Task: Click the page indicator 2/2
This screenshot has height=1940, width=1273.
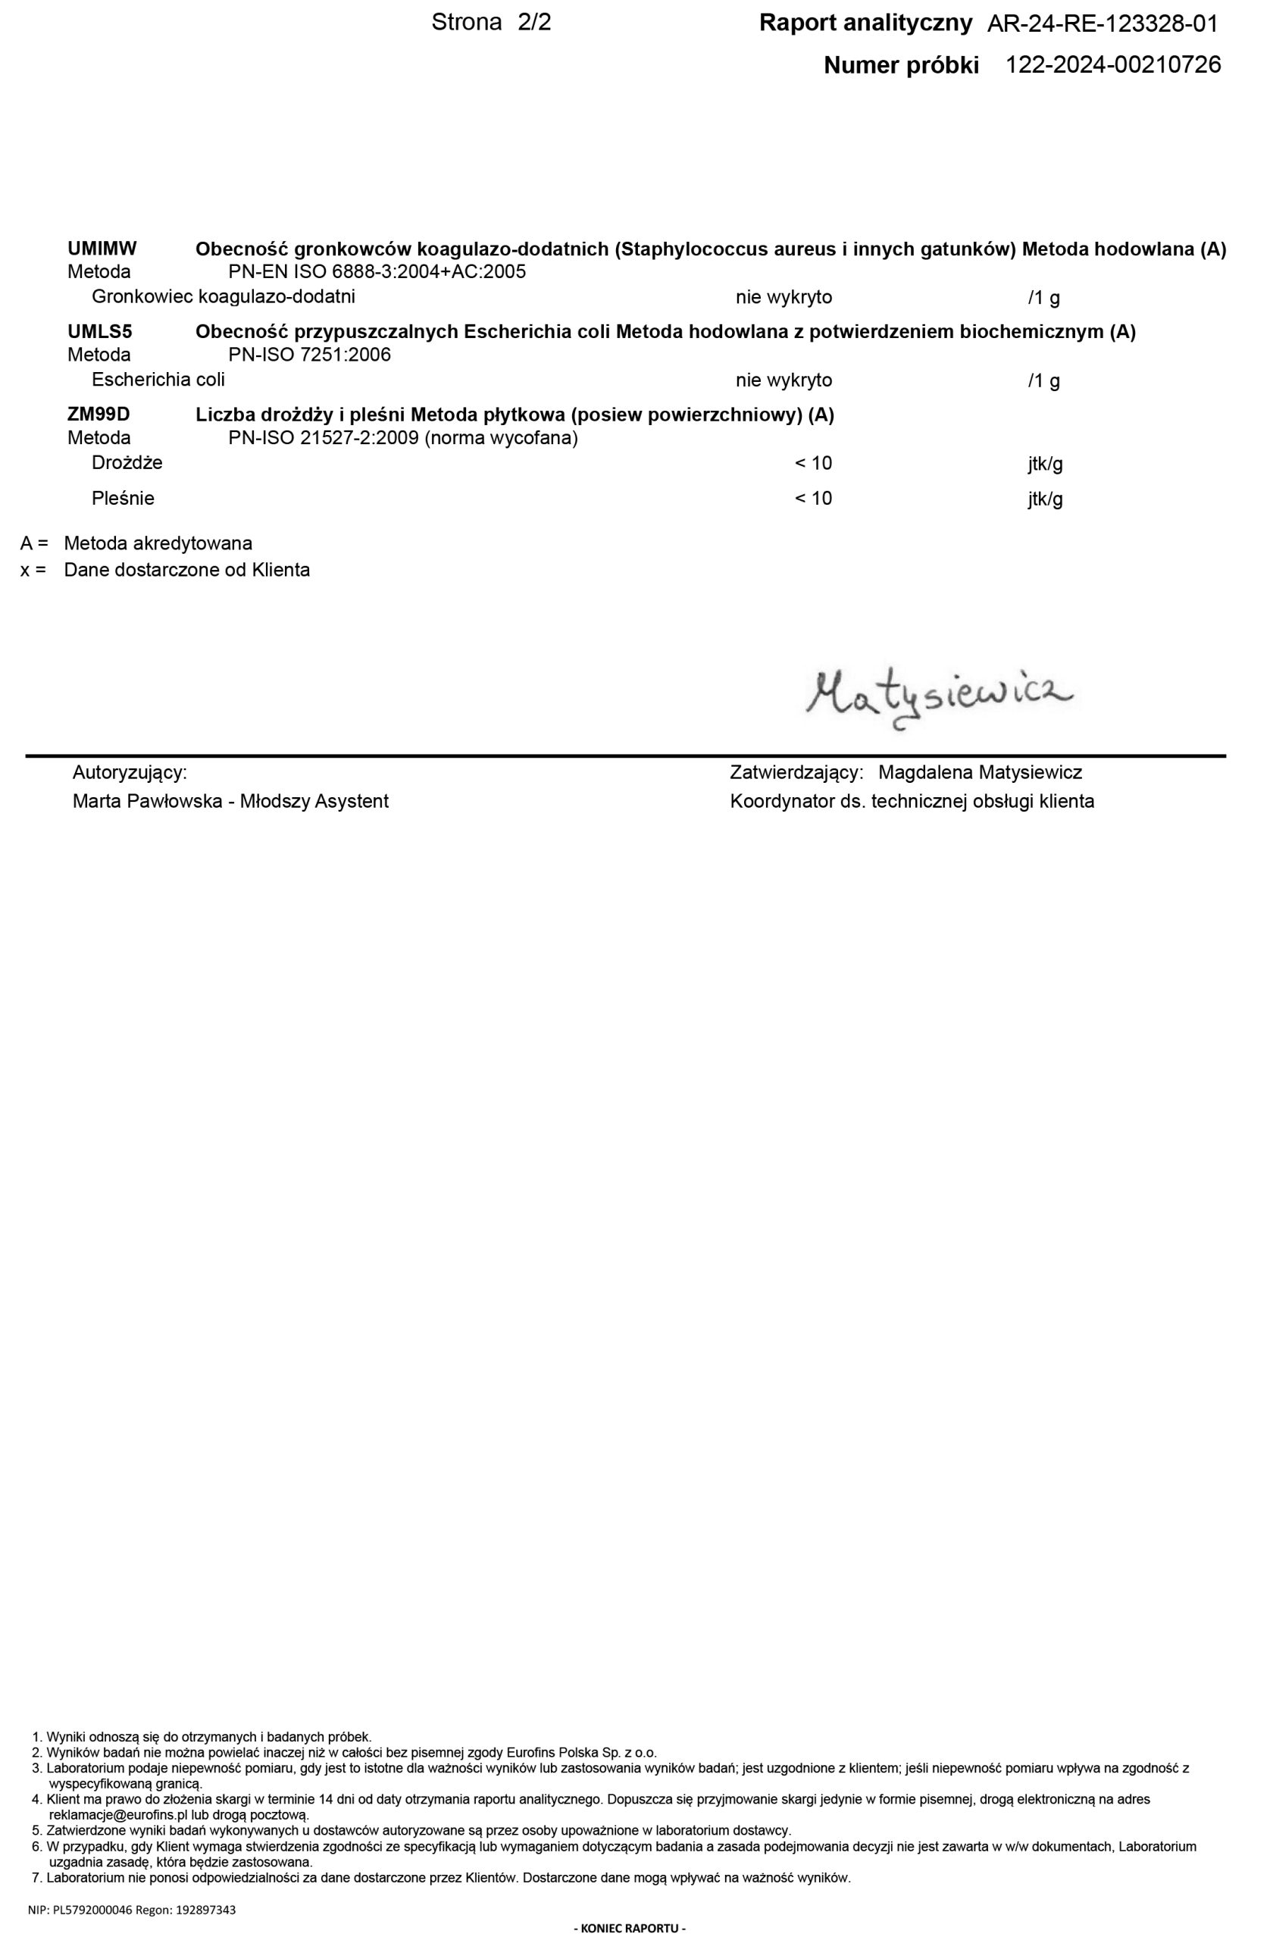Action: (535, 23)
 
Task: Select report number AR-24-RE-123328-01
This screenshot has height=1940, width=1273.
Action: (1103, 24)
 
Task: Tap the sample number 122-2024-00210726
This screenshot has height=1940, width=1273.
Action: (1113, 65)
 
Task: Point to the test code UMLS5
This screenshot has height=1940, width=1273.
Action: (99, 332)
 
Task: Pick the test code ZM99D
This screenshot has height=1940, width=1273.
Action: (99, 415)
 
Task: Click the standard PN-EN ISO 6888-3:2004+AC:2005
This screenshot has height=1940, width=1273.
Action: (377, 271)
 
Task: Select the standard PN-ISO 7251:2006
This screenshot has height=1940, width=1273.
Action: (310, 355)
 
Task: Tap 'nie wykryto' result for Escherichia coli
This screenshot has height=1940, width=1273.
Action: (784, 380)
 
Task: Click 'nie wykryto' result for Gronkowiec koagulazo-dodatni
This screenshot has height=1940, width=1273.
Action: (784, 298)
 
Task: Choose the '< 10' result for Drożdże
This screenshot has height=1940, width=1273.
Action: (813, 464)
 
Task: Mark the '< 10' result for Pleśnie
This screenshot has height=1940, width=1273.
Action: (813, 499)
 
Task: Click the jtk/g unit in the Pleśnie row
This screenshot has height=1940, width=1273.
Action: (1045, 499)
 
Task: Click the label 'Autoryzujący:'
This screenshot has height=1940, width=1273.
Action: (130, 772)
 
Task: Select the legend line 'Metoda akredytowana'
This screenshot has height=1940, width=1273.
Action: (158, 543)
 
